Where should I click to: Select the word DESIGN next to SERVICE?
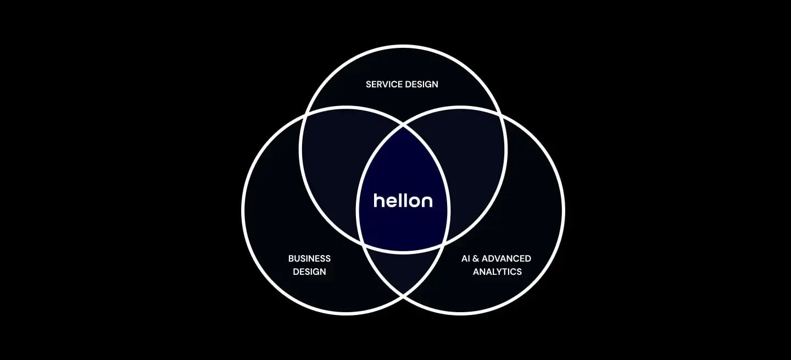tap(421, 84)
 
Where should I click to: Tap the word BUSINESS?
tap(309, 258)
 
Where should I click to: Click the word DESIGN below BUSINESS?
tap(309, 272)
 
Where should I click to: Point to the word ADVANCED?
tap(507, 258)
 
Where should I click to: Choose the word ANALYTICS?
tap(497, 272)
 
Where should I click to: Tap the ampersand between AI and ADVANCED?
tap(476, 258)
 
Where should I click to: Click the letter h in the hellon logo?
tap(378, 200)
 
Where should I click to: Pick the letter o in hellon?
tap(414, 201)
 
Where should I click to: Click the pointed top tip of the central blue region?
tap(403, 126)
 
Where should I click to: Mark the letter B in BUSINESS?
tap(291, 258)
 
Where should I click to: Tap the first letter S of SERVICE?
tap(369, 84)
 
